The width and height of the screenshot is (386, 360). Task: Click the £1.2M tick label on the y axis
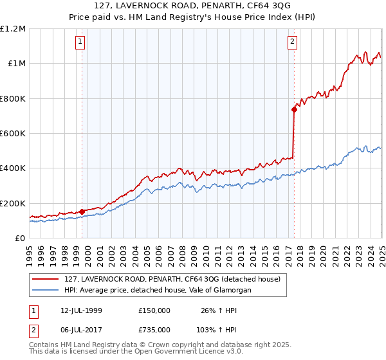pyautogui.click(x=13, y=28)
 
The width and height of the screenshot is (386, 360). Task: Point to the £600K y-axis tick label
pyautogui.click(x=13, y=133)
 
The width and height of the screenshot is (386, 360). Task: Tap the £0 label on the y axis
pyautogui.click(x=20, y=238)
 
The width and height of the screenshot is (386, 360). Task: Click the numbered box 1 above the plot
pyautogui.click(x=81, y=42)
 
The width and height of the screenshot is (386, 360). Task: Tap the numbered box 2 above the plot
pyautogui.click(x=293, y=42)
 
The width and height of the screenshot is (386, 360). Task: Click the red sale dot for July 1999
pyautogui.click(x=82, y=212)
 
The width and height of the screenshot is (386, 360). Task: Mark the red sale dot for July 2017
pyautogui.click(x=293, y=109)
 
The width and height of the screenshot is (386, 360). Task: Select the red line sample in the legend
pyautogui.click(x=46, y=280)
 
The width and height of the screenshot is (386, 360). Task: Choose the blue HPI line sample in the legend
pyautogui.click(x=46, y=291)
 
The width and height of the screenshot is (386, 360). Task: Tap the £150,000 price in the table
pyautogui.click(x=154, y=310)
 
